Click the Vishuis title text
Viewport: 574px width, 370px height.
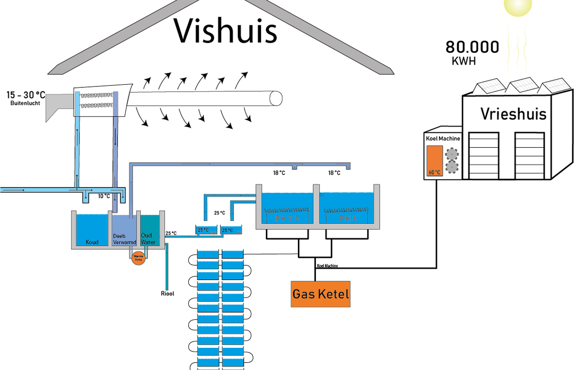point(225,31)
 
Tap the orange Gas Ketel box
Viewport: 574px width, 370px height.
point(321,294)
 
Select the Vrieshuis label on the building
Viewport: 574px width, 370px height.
point(513,114)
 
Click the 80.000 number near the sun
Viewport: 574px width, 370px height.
point(473,48)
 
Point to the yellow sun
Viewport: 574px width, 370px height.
point(518,5)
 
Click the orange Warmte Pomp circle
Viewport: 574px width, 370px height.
point(138,257)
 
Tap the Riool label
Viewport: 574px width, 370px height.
point(167,294)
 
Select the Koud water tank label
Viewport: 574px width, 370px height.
point(92,242)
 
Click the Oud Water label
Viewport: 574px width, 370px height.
point(148,238)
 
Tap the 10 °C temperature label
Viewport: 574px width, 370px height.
point(104,196)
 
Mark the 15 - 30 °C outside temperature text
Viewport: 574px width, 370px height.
point(26,95)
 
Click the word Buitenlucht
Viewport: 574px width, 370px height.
point(25,103)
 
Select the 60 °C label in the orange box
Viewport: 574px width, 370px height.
point(434,172)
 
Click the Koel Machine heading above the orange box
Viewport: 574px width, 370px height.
point(443,138)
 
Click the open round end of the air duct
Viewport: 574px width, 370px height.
point(276,98)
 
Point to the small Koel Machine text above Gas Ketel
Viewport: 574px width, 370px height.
point(327,266)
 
